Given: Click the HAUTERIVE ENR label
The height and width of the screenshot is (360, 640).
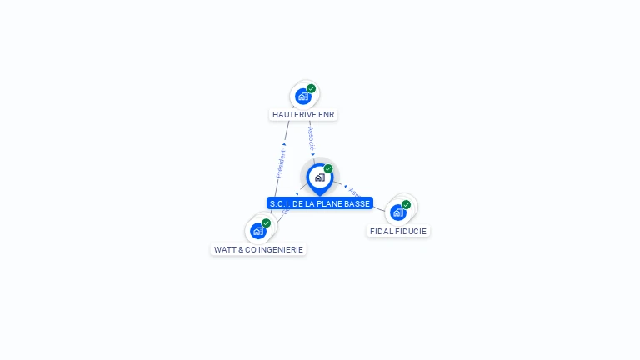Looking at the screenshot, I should click(304, 114).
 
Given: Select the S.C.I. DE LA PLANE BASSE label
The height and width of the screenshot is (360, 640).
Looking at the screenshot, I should click(319, 203).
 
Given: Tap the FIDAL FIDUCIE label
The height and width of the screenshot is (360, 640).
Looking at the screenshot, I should click(398, 231).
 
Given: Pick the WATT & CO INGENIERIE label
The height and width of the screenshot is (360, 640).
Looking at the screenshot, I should click(258, 249).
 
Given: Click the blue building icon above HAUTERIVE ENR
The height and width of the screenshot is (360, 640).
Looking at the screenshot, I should click(302, 97).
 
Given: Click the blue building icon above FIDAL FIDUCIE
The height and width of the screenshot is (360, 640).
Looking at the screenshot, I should click(397, 212).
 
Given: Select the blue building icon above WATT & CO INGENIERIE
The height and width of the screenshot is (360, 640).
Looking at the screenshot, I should click(257, 231).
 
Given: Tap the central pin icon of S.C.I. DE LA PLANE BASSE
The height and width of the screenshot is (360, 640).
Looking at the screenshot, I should click(319, 177).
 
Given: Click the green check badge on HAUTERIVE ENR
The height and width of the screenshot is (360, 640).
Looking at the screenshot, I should click(311, 89).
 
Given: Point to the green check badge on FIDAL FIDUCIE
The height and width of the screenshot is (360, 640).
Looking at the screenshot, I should click(406, 205).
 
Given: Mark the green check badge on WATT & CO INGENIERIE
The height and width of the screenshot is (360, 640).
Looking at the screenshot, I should click(266, 223).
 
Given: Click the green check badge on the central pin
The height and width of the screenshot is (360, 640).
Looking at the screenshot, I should click(328, 169).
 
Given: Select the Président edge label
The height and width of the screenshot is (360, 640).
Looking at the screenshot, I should click(282, 163).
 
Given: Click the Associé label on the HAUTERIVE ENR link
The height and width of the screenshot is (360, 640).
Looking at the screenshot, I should click(310, 138).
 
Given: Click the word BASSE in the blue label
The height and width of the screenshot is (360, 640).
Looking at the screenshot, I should click(357, 203).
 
